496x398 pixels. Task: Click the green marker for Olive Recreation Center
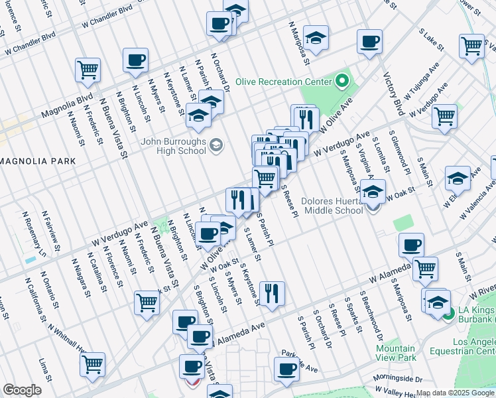tap(342, 82)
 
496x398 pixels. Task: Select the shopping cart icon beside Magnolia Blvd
tap(88, 69)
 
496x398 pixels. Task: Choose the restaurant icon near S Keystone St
tap(272, 293)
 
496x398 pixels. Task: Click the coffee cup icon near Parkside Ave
tap(286, 370)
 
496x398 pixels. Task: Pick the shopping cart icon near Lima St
tap(92, 364)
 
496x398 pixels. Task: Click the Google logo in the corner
tap(22, 390)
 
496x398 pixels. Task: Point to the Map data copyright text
tap(455, 393)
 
